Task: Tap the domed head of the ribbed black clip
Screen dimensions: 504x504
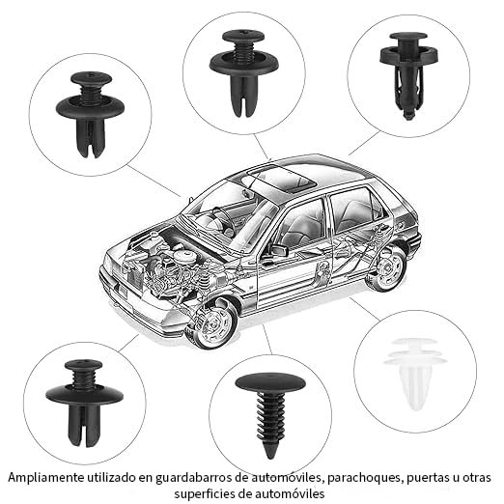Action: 269,380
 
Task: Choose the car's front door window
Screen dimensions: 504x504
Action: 300,224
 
